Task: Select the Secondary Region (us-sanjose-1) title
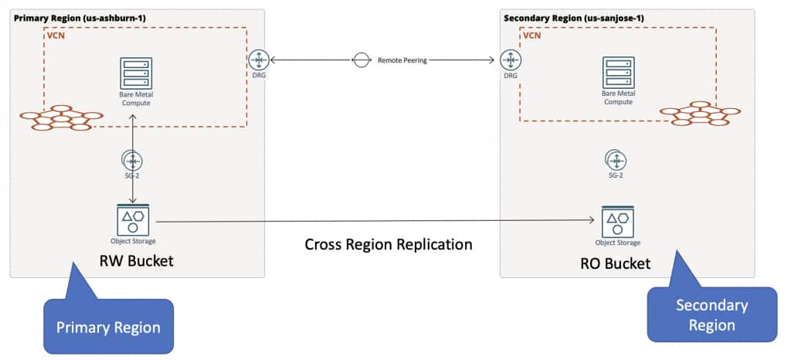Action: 565,17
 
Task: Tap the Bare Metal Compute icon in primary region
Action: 135,73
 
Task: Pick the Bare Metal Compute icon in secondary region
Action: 617,73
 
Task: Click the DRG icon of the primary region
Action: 257,59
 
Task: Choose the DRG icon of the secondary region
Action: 510,59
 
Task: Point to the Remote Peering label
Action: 402,59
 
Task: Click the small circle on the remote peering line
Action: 360,59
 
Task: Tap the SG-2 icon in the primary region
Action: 134,161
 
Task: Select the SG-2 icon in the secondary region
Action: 616,160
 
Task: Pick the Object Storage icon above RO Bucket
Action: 616,221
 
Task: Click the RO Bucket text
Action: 616,263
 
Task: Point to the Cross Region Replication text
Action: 388,245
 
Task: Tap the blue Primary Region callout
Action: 107,327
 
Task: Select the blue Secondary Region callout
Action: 711,314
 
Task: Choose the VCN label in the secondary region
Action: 532,36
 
